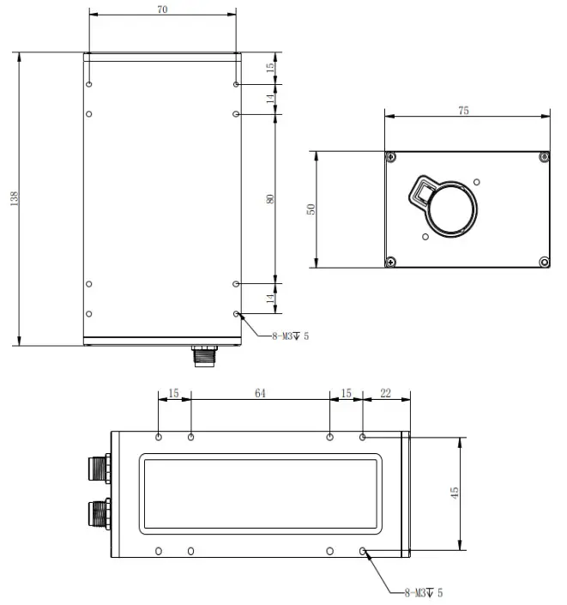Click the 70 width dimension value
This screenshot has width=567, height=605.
[x=162, y=9]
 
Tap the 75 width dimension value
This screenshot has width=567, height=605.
[x=464, y=110]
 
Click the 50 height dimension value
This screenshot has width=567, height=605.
[x=311, y=209]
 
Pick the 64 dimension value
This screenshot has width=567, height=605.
[x=261, y=393]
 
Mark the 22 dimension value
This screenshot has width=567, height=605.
[x=385, y=393]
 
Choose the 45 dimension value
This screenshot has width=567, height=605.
[x=455, y=493]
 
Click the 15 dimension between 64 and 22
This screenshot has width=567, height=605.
[x=347, y=393]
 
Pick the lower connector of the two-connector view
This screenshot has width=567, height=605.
[x=97, y=514]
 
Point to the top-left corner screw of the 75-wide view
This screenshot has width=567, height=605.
[x=391, y=157]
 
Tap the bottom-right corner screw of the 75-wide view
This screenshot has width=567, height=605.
[x=543, y=262]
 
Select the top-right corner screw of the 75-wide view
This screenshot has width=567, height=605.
[x=543, y=157]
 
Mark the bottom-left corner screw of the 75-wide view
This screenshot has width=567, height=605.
[x=391, y=262]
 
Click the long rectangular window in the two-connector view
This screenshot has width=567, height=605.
[x=260, y=493]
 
